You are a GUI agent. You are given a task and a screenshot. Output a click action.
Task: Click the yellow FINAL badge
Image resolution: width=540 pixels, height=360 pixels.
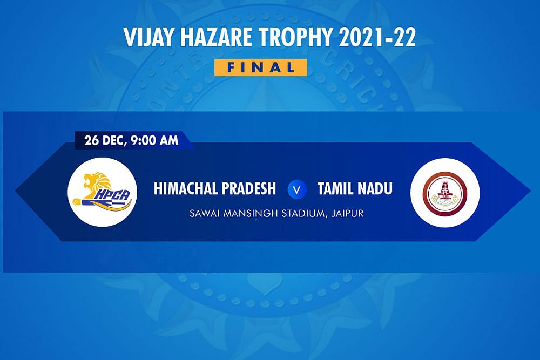pos(260,67)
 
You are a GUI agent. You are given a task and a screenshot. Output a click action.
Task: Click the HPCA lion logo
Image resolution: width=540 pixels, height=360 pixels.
pos(102,192)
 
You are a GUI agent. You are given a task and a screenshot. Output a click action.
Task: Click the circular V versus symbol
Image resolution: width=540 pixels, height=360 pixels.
pos(295,189)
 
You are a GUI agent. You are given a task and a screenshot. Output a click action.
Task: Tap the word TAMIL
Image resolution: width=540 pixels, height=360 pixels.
pos(335,189)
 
